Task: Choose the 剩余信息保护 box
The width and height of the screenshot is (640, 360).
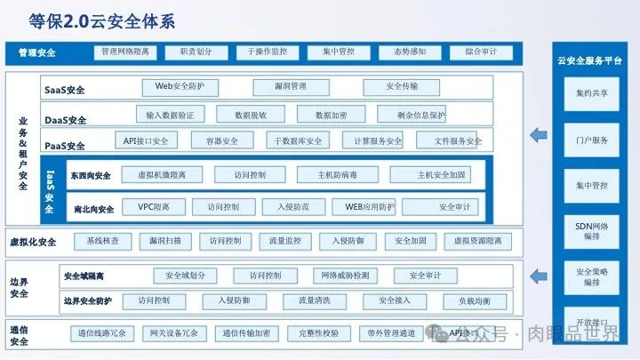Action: pos(411,115)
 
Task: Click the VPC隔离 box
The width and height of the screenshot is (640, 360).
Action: pos(153,207)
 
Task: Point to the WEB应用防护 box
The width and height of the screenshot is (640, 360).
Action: pos(364,207)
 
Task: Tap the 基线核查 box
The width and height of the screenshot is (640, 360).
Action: pos(103,241)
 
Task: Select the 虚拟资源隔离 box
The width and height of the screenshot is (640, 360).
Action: pos(476,241)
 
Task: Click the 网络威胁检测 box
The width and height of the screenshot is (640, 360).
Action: pos(345,276)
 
